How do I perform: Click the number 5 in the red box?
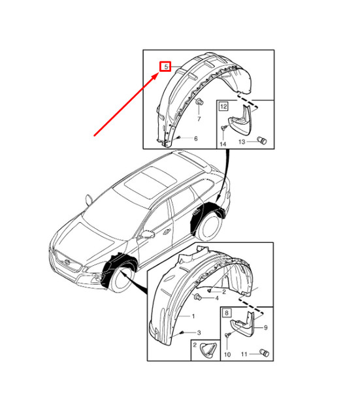(167, 66)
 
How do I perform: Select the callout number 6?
(195, 138)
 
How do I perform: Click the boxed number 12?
(223, 105)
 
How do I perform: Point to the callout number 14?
(223, 144)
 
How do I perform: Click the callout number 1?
(193, 316)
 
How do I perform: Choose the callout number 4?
(216, 298)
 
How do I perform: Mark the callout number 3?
(200, 332)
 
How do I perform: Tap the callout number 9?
(265, 328)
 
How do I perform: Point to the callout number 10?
(227, 355)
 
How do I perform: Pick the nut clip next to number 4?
(197, 297)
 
